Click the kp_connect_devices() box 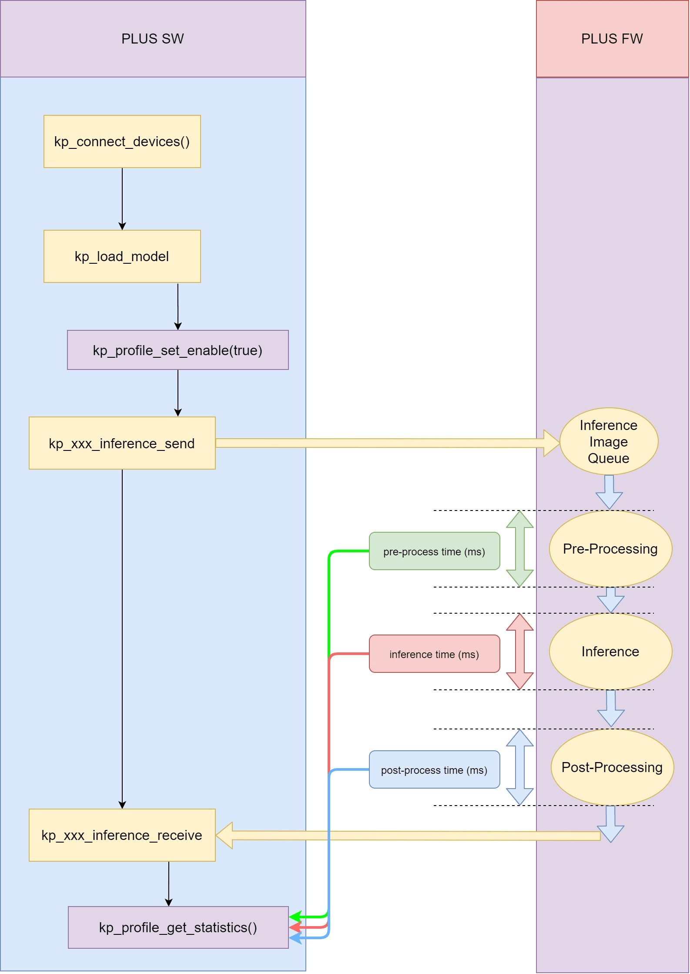(x=122, y=141)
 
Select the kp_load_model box (x=122, y=256)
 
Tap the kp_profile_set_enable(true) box (x=178, y=350)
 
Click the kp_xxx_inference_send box (x=122, y=443)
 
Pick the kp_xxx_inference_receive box (x=122, y=835)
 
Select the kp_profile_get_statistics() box (x=178, y=927)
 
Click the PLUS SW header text (x=152, y=39)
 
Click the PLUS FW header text (x=612, y=39)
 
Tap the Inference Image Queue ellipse (x=608, y=441)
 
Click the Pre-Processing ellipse (x=610, y=548)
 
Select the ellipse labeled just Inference (x=610, y=651)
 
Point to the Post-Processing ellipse (x=612, y=767)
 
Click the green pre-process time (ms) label (x=434, y=551)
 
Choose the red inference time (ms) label (x=434, y=654)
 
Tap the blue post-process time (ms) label (x=434, y=769)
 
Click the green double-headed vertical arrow (x=519, y=548)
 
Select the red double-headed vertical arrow (x=519, y=651)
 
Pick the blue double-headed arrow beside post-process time (x=519, y=767)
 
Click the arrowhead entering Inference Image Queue (x=551, y=443)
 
